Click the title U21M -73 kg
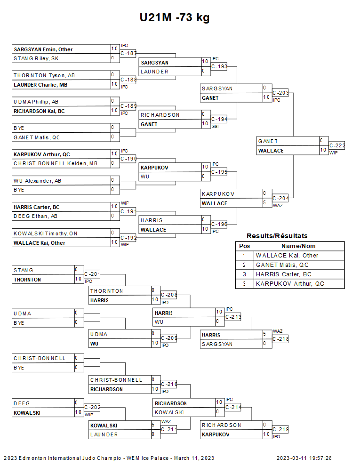pos(174,18)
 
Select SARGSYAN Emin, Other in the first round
pos(43,49)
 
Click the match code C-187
pos(128,54)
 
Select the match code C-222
pos(337,146)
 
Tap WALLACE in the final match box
pos(271,151)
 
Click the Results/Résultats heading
pos(277,236)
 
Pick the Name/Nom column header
pos(298,246)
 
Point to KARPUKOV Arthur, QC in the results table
pos(290,284)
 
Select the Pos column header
pos(244,246)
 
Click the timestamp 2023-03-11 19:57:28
pos(304,458)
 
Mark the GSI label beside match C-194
pos(215,127)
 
